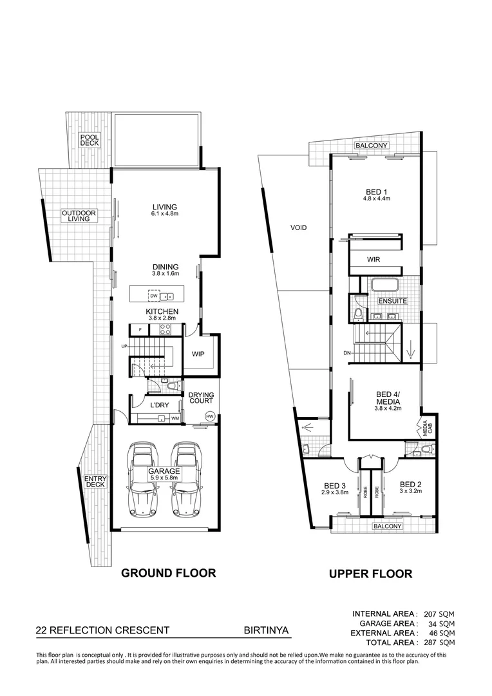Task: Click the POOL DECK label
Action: (90, 140)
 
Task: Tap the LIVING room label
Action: (164, 206)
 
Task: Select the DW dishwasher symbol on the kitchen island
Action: (154, 296)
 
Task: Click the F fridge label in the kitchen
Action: (140, 330)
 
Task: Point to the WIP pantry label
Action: (198, 354)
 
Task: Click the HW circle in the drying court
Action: (209, 416)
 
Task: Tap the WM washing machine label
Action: (175, 418)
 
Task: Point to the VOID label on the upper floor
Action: (298, 227)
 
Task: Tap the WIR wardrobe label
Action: (374, 260)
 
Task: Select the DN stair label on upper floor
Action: (346, 353)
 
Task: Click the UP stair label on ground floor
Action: (124, 347)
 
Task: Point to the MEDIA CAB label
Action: (426, 427)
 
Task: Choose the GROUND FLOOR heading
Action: (168, 572)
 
